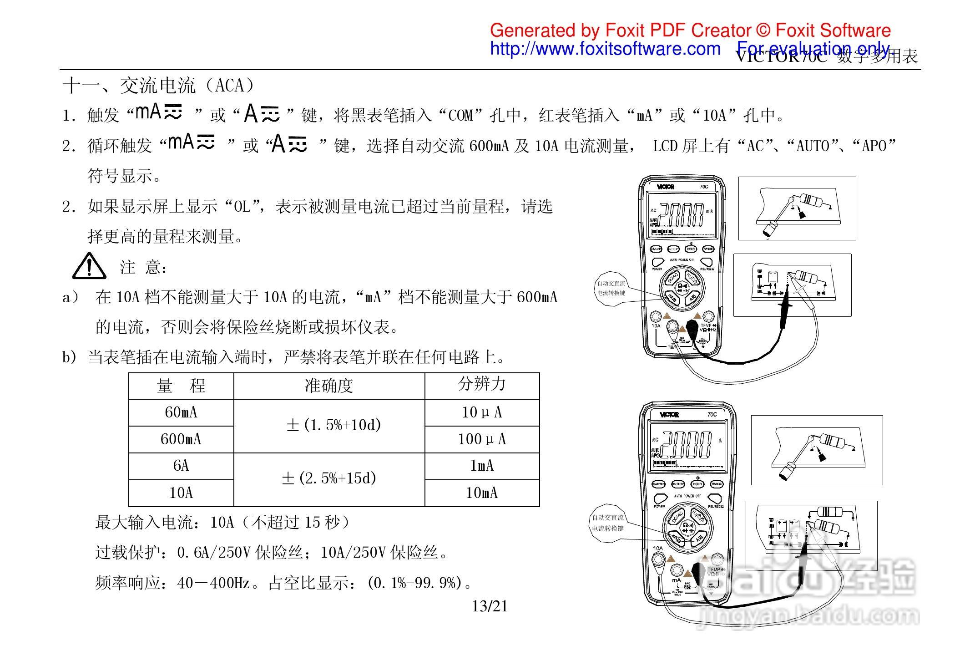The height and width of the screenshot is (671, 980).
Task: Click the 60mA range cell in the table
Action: point(181,412)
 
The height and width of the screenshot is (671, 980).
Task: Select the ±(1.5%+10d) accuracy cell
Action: point(333,425)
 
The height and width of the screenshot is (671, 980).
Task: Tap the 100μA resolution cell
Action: point(482,439)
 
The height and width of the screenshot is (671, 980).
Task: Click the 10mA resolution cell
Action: point(482,493)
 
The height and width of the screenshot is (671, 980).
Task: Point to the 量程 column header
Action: point(181,386)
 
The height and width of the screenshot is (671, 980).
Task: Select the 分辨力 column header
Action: point(482,384)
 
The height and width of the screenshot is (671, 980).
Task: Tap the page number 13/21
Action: point(490,606)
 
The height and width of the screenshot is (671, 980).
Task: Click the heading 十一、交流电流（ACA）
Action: point(159,86)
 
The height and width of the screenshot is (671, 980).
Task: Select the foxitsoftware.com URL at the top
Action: point(605,49)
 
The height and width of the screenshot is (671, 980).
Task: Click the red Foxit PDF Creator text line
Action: point(690,30)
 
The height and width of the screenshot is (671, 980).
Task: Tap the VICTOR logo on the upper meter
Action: point(666,187)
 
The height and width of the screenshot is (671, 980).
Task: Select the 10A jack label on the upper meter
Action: point(656,326)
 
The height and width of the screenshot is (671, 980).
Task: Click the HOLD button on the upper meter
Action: point(691,249)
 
